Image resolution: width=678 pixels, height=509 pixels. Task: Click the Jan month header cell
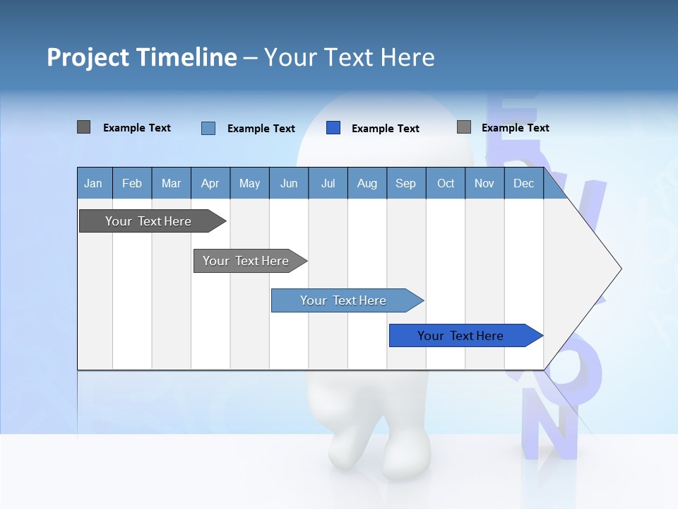(93, 184)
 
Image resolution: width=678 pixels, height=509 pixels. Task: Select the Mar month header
(171, 184)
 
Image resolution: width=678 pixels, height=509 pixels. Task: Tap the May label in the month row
(249, 184)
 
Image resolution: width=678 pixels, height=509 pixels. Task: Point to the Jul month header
(328, 184)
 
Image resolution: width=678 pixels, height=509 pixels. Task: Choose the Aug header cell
(367, 184)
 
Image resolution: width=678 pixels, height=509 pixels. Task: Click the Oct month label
(446, 184)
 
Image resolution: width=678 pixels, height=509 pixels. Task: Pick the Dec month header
(523, 184)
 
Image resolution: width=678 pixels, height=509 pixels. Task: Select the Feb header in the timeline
(132, 184)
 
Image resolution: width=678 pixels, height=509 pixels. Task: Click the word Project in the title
(87, 57)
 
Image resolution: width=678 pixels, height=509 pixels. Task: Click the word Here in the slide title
(408, 57)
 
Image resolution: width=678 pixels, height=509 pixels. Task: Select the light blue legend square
(208, 128)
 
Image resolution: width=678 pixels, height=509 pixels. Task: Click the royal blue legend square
(333, 128)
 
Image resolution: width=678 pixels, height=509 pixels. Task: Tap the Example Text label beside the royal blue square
(385, 129)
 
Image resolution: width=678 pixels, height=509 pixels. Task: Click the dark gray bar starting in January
(148, 221)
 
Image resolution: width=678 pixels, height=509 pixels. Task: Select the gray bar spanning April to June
(246, 261)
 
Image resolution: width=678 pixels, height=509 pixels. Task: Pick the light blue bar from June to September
(343, 300)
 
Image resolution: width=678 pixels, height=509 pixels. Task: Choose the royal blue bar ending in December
(460, 336)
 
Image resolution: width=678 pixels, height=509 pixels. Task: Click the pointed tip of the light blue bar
(421, 300)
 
